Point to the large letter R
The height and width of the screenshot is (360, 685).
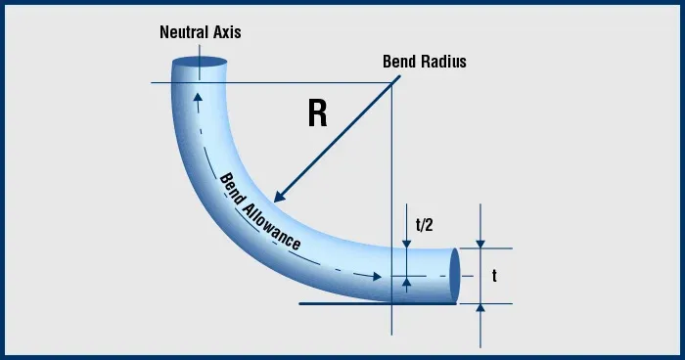click(317, 114)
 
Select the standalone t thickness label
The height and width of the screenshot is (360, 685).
click(495, 277)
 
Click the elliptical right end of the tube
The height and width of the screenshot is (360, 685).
click(453, 276)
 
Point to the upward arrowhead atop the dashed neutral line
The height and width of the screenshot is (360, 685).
click(198, 97)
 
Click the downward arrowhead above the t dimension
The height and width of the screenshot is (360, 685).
click(480, 244)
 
